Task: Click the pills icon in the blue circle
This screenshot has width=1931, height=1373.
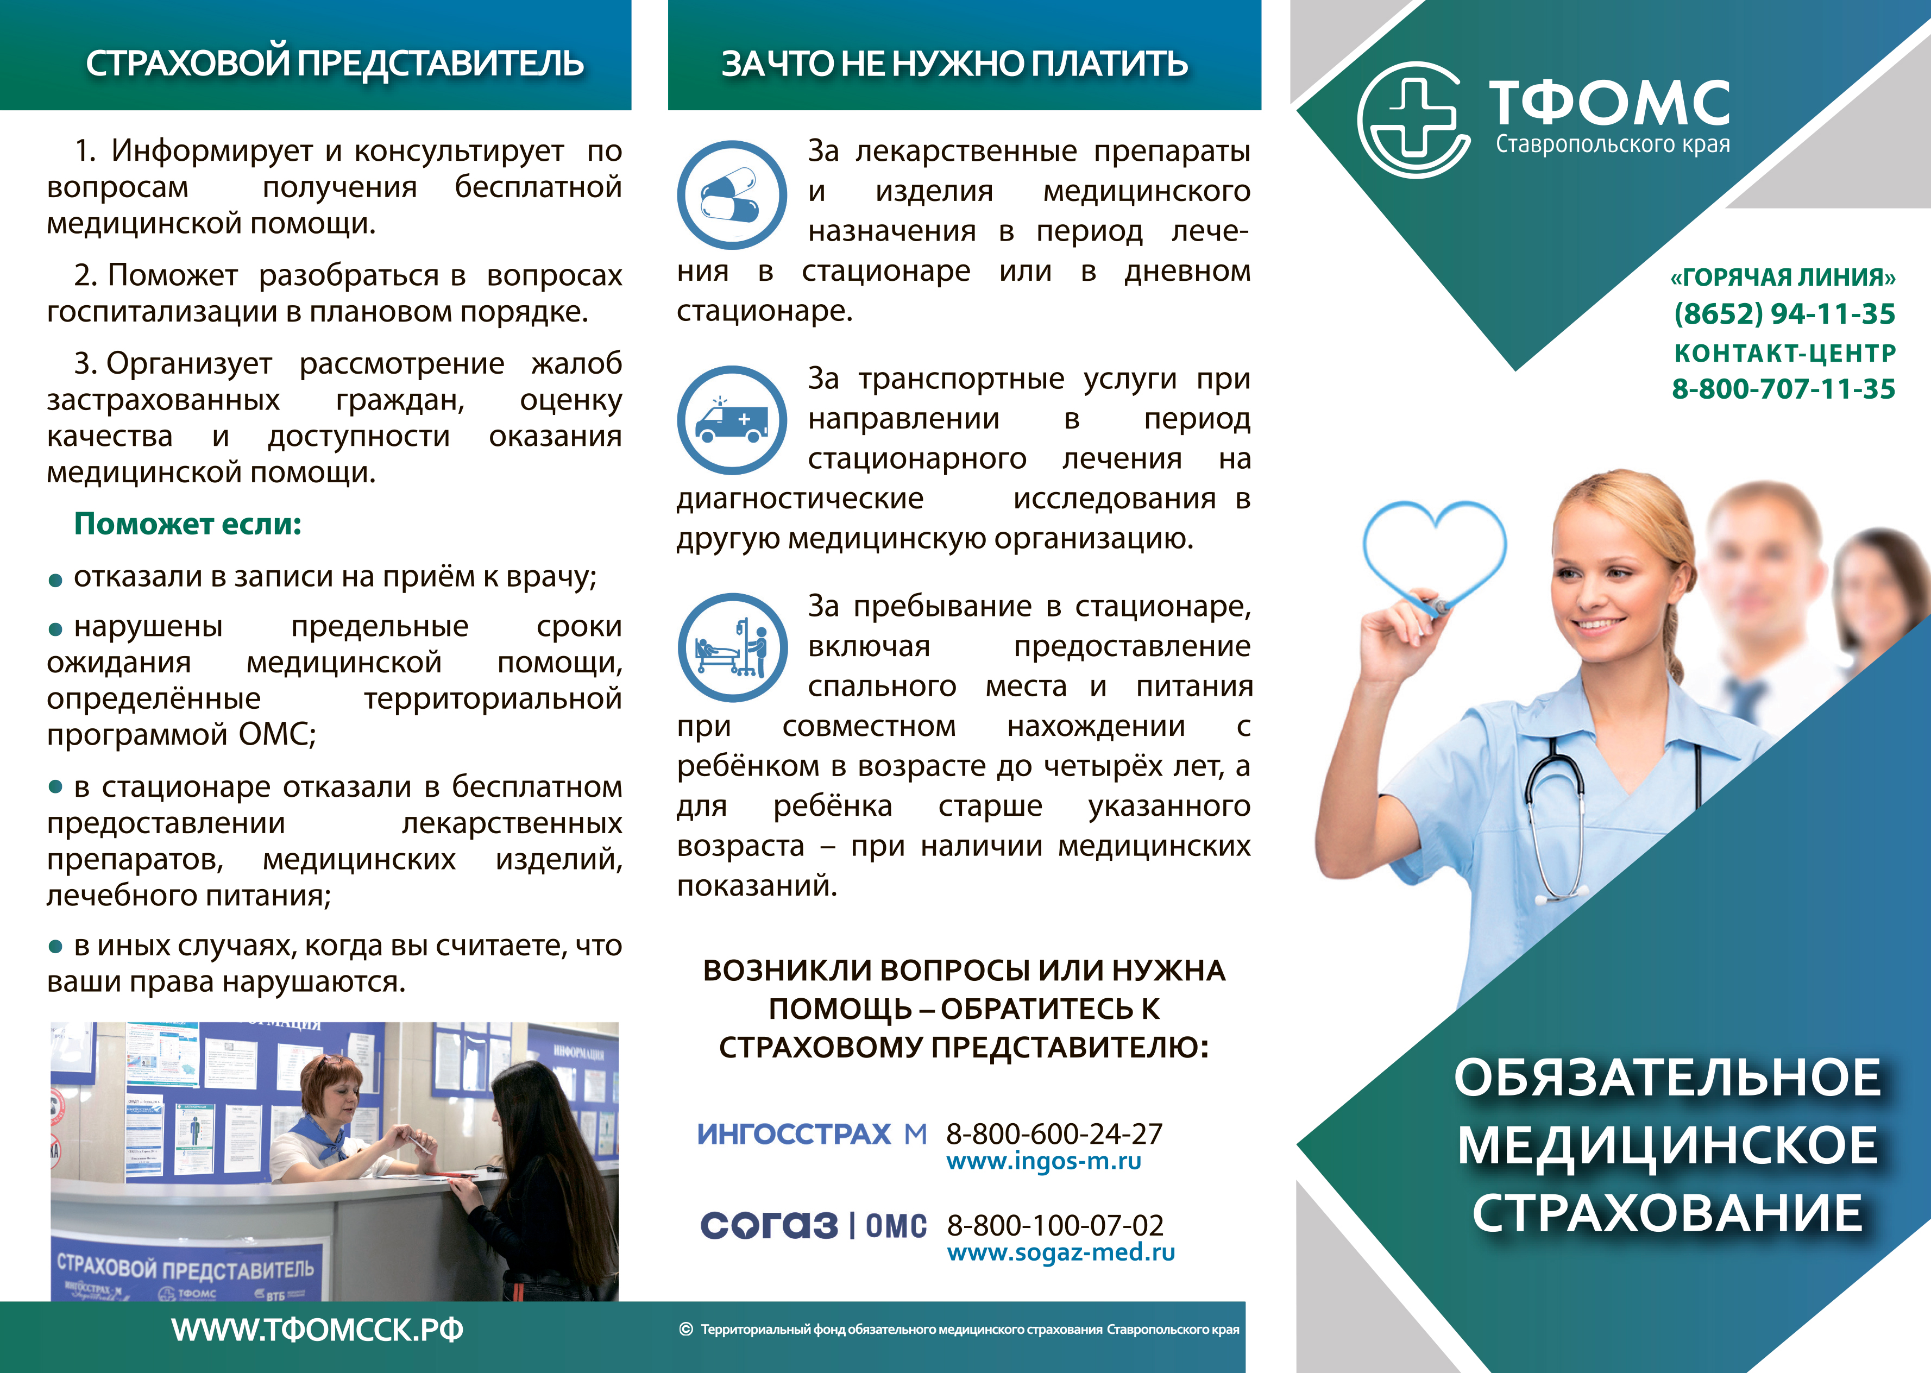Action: pos(732,196)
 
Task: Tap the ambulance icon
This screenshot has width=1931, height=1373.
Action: pos(732,420)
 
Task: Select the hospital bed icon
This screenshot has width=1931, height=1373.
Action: pos(732,647)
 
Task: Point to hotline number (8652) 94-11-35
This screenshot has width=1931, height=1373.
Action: pos(1784,314)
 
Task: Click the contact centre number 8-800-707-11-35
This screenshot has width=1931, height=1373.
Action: pos(1784,389)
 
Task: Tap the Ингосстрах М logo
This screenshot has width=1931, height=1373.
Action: pos(812,1133)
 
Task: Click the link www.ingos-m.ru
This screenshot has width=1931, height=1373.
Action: pos(1044,1162)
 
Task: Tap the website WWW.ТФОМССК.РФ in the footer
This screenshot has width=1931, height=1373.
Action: pos(317,1330)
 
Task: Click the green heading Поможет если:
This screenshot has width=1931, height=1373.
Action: pos(188,524)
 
